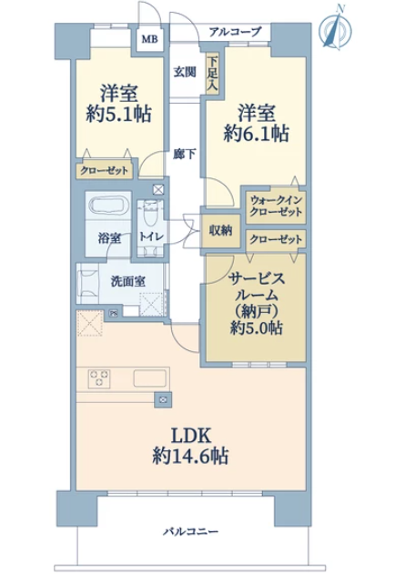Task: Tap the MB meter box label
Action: (x=150, y=39)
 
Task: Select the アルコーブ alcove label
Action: (x=236, y=32)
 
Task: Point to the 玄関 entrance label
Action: (x=184, y=72)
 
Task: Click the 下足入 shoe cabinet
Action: (x=213, y=74)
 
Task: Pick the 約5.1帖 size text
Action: (x=119, y=114)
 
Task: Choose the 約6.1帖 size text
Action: (x=257, y=133)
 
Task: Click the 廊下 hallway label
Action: (x=184, y=154)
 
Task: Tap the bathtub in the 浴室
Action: (x=107, y=205)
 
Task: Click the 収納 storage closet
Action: (x=220, y=231)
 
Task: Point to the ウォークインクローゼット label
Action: (x=276, y=206)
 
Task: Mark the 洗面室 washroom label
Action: (x=127, y=281)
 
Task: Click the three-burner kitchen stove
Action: (x=99, y=378)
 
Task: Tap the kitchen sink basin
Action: (x=150, y=378)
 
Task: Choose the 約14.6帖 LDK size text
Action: (x=190, y=456)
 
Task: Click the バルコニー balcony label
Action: (x=190, y=531)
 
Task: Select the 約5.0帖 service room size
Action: (x=257, y=327)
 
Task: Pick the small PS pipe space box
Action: (x=114, y=313)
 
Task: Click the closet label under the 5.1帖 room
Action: (x=105, y=171)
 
